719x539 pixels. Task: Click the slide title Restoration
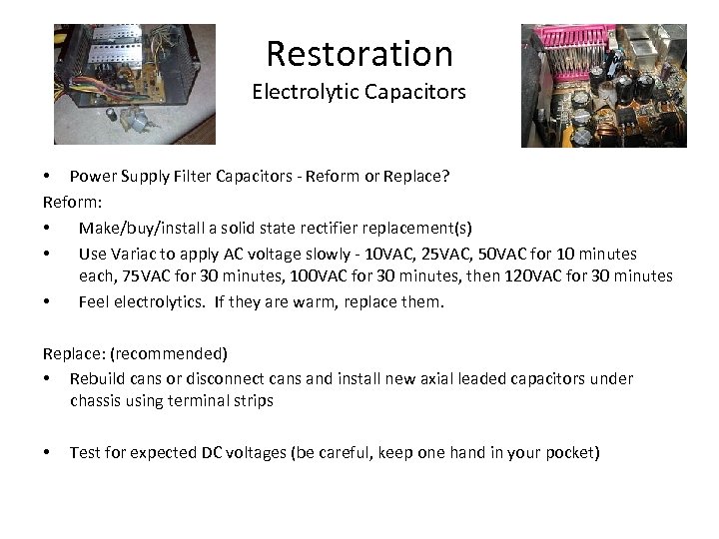(359, 52)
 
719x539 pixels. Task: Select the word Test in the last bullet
(86, 452)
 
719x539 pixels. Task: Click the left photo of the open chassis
(135, 85)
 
